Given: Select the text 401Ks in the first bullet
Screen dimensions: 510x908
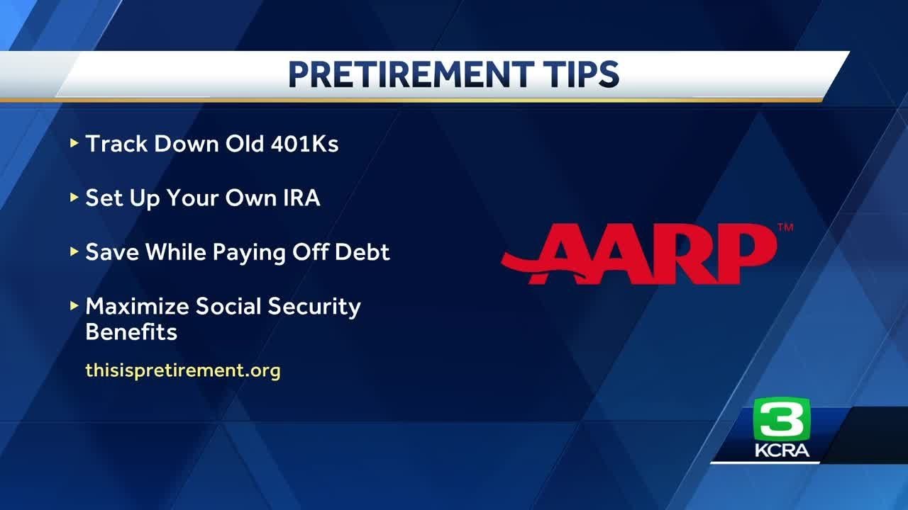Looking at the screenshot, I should (x=305, y=144).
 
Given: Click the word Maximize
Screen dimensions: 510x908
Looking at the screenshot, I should (x=137, y=307).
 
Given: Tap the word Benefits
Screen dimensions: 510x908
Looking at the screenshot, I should (x=131, y=331).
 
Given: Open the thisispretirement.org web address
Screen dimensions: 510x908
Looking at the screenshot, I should (x=183, y=370).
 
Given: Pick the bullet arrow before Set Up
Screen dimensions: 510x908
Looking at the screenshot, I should (x=74, y=198).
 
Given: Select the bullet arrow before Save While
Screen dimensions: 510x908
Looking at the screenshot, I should (x=74, y=252).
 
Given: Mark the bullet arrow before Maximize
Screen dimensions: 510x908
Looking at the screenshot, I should (x=74, y=307).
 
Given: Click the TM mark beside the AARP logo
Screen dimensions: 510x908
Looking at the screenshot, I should (x=785, y=228).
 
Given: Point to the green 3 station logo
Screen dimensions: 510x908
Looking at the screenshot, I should (x=781, y=419).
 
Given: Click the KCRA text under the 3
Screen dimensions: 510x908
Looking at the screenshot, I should (x=782, y=451).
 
